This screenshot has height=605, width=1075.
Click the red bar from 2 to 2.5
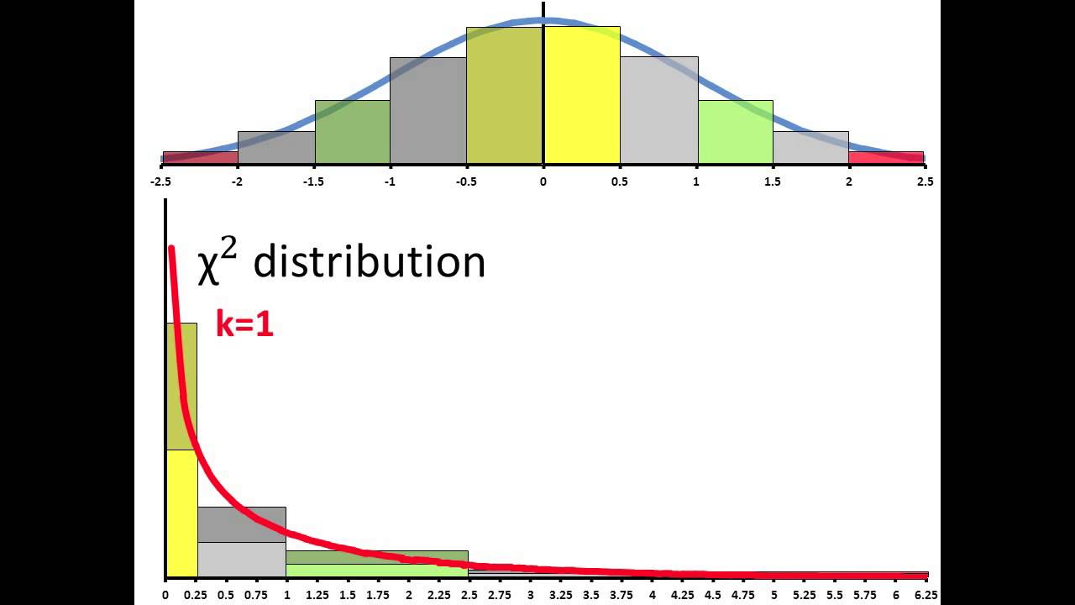(x=886, y=157)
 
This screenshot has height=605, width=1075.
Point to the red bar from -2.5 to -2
(x=200, y=157)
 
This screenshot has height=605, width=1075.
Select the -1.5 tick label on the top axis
(x=314, y=181)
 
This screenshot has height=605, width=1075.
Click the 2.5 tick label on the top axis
(x=925, y=181)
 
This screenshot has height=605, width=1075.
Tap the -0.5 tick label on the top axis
(x=466, y=181)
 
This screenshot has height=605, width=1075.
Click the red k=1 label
(x=244, y=324)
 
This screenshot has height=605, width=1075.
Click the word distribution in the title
(x=369, y=262)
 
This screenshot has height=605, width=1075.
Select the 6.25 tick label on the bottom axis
(x=927, y=595)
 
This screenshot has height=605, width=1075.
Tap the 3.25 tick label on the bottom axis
(x=561, y=595)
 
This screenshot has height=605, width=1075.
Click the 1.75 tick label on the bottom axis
(x=378, y=595)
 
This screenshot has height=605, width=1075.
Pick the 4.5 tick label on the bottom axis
(x=713, y=595)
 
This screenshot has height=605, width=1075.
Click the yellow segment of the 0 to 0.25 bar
(x=181, y=513)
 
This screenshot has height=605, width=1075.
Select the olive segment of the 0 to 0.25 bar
(x=181, y=387)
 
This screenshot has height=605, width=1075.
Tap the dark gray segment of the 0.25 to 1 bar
(x=242, y=524)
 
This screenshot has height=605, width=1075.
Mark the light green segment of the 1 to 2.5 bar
(x=376, y=570)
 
